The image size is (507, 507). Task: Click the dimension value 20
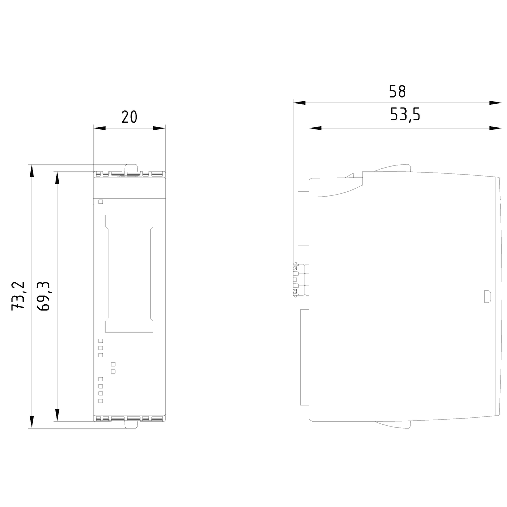[x=129, y=117]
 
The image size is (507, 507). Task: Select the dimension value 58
[x=397, y=91]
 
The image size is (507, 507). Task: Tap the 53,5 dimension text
[x=405, y=116]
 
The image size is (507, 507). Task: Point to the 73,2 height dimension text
[x=18, y=296]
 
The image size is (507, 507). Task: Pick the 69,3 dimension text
[x=43, y=297]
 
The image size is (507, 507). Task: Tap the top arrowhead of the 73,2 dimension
[x=31, y=170]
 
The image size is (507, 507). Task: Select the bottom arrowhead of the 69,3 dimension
[x=57, y=415]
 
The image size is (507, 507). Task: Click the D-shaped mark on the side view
[x=487, y=296]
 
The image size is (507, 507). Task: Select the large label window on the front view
[x=129, y=274]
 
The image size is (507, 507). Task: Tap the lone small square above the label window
[x=100, y=202]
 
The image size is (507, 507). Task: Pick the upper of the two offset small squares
[x=113, y=364]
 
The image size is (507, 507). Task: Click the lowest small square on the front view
[x=100, y=401]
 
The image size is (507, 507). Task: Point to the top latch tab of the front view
[x=131, y=168]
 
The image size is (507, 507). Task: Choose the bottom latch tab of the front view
[x=131, y=425]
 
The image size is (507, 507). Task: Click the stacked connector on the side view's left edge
[x=295, y=278]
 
